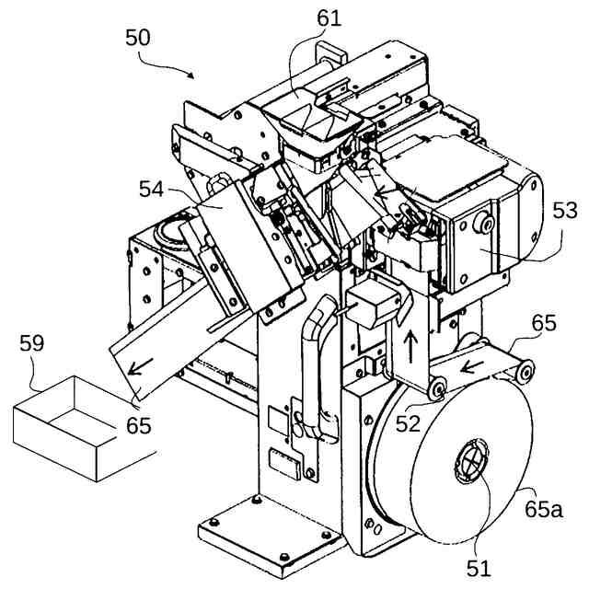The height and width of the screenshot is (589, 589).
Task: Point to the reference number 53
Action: pyautogui.click(x=563, y=212)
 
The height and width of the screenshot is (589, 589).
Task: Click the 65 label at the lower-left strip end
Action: pyautogui.click(x=138, y=426)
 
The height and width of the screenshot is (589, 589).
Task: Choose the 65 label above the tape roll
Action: pyautogui.click(x=544, y=323)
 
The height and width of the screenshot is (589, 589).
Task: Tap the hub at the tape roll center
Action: pyautogui.click(x=469, y=457)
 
